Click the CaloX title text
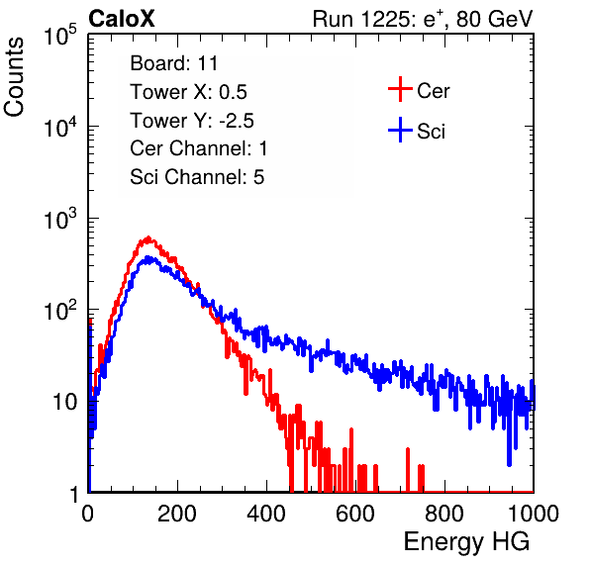click(x=122, y=19)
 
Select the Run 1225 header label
click(x=423, y=19)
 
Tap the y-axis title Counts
click(x=14, y=77)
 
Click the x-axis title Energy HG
click(x=466, y=542)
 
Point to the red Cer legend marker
click(x=400, y=89)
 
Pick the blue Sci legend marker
click(x=400, y=130)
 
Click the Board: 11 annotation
click(x=174, y=63)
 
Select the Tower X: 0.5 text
click(x=188, y=92)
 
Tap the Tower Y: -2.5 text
click(x=192, y=121)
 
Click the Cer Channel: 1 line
click(x=199, y=148)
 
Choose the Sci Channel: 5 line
click(x=197, y=177)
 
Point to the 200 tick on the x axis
click(x=177, y=514)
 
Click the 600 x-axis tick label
click(x=355, y=514)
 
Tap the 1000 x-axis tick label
click(x=534, y=514)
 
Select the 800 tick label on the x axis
click(x=444, y=514)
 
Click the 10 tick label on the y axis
click(x=65, y=402)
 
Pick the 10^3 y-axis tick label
click(x=60, y=219)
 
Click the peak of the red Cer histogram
click(x=148, y=237)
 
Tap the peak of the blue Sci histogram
click(x=147, y=257)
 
